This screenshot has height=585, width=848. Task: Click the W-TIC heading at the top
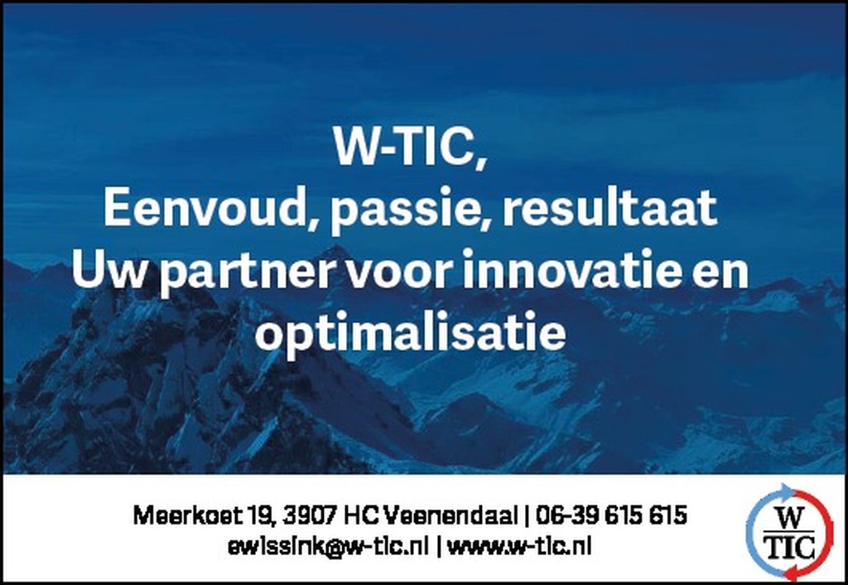tap(410, 147)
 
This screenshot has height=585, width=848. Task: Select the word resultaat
tap(610, 207)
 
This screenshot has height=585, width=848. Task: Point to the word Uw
tap(108, 271)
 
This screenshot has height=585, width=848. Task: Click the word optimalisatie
tap(411, 333)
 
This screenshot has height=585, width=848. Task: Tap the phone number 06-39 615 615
tap(612, 515)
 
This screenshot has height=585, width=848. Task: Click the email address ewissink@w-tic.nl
tap(328, 547)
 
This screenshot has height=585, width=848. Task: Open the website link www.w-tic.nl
tap(519, 547)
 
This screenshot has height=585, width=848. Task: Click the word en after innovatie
tap(721, 273)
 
